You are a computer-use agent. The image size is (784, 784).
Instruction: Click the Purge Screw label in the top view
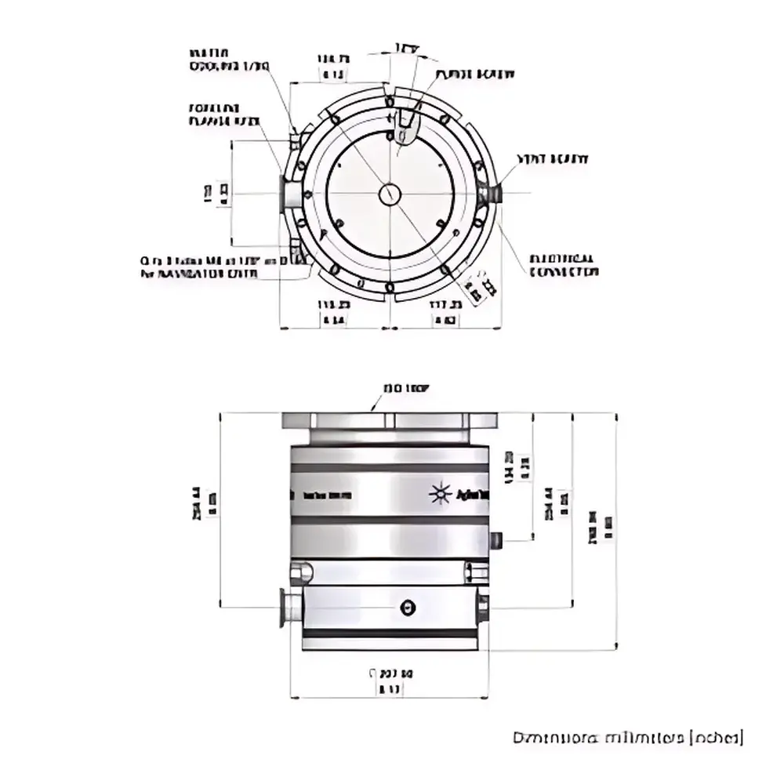point(475,74)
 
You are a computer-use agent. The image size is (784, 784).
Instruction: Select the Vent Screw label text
point(552,159)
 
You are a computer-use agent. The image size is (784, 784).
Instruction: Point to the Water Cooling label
point(229,60)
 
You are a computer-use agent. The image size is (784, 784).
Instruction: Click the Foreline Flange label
point(223,114)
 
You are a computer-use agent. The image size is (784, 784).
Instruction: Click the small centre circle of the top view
point(390,194)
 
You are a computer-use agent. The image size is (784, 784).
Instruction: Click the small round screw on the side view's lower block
point(405,608)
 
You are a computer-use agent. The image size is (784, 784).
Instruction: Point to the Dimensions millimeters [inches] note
point(627,738)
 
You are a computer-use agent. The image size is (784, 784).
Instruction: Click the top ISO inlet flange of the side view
point(388,421)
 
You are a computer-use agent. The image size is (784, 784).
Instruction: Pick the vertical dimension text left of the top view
point(216,194)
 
